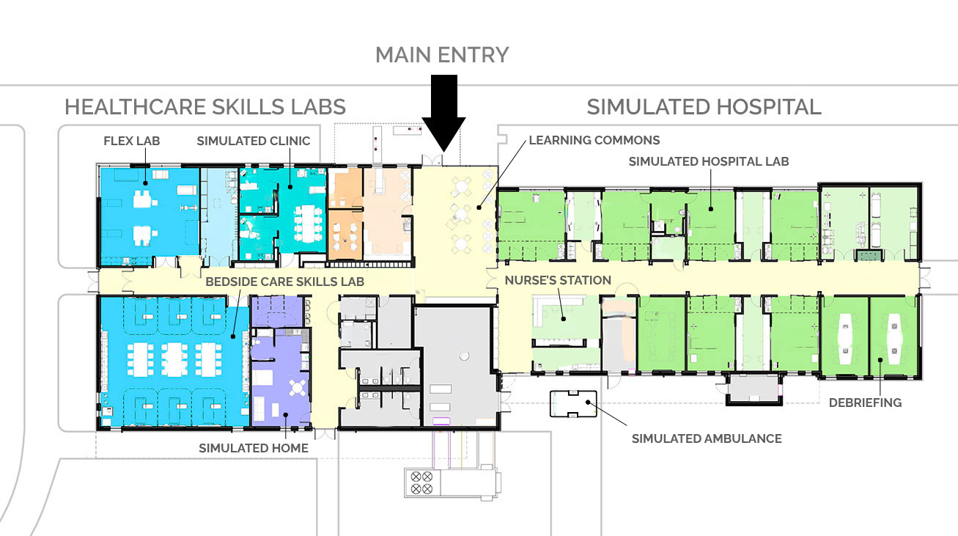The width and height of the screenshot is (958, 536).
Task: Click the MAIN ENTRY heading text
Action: pyautogui.click(x=442, y=55)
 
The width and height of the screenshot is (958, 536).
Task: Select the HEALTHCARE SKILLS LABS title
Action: pyautogui.click(x=205, y=107)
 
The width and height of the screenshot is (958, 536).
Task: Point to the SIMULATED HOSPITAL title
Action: pyautogui.click(x=704, y=107)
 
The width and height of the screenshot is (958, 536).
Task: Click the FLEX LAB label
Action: pyautogui.click(x=132, y=141)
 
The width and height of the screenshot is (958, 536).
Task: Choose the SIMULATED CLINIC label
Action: pyautogui.click(x=254, y=141)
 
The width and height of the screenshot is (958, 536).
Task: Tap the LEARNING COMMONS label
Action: pyautogui.click(x=594, y=140)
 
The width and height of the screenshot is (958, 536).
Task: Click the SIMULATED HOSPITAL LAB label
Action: pyautogui.click(x=709, y=161)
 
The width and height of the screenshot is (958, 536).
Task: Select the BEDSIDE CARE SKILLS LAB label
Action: pyautogui.click(x=284, y=282)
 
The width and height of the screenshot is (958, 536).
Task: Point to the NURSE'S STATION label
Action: pyautogui.click(x=558, y=280)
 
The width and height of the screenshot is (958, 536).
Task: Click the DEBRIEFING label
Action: pyautogui.click(x=865, y=403)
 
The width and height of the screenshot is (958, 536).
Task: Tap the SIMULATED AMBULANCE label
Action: pyautogui.click(x=707, y=438)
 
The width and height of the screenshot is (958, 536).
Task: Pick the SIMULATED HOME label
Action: pyautogui.click(x=254, y=448)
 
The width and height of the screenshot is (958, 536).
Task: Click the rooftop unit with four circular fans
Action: pyautogui.click(x=421, y=482)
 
